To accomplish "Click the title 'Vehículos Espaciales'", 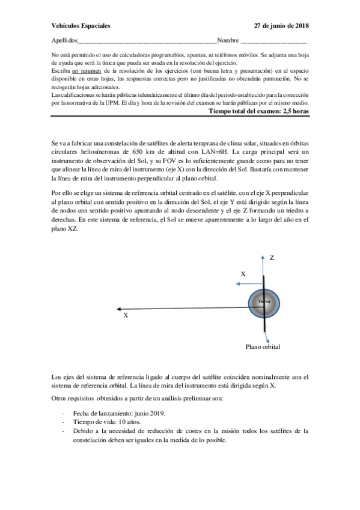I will [x=81, y=26].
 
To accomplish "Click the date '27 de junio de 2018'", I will [x=281, y=26].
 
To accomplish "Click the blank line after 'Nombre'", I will [x=273, y=41].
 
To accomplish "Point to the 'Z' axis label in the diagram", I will [x=272, y=257].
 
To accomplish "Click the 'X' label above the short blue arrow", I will [x=243, y=274].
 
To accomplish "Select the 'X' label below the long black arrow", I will [x=126, y=315].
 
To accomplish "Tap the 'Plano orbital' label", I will [x=263, y=346].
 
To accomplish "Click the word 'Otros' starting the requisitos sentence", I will [x=60, y=399].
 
